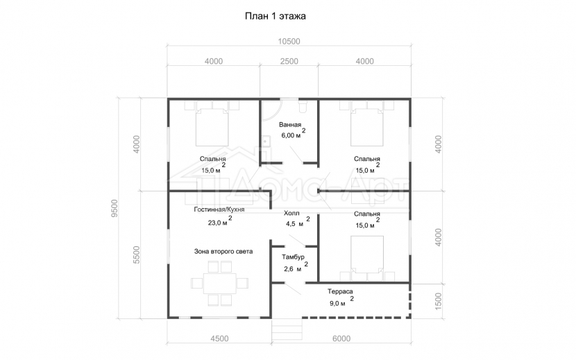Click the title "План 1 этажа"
point(275,16)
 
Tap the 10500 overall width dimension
point(289,42)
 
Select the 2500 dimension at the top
point(289,61)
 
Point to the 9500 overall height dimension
point(115,208)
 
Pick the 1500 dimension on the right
point(438,301)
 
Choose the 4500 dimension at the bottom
point(219,338)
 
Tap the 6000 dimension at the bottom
point(341,338)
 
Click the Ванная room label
point(290,125)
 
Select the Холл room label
point(291,213)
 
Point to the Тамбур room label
point(293,257)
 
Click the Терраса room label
point(340,291)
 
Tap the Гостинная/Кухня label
point(219,209)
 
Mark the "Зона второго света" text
point(223,252)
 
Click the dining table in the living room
point(220,283)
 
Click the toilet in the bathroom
point(303,107)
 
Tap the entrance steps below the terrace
point(287,331)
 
